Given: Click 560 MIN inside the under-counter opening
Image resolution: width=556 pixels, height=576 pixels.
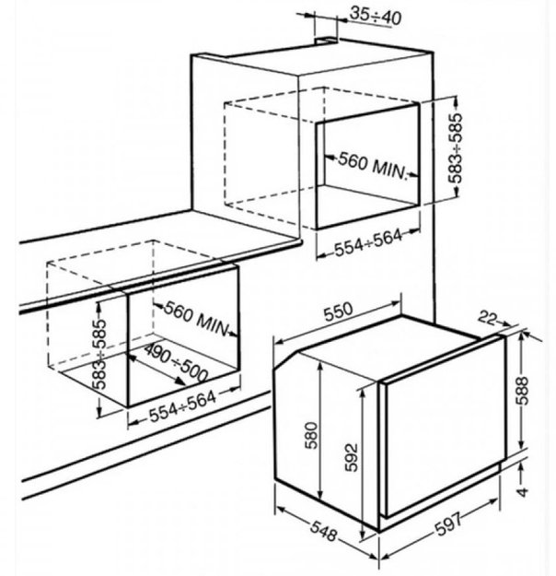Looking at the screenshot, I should coord(196,316).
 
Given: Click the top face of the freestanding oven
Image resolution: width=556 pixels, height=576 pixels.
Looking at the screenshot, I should coord(387,350).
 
